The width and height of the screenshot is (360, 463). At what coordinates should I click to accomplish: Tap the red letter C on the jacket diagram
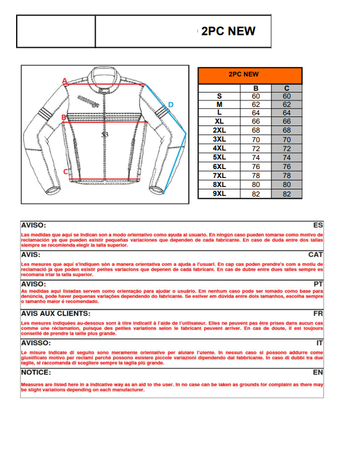coord(66,171)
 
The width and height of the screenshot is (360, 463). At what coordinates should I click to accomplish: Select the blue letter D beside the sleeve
coord(170,105)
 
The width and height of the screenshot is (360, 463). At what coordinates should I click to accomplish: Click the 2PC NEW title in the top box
coord(228,32)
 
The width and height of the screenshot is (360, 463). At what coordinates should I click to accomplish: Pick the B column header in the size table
coord(255,88)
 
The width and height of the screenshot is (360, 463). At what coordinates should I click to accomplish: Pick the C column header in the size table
coord(286,88)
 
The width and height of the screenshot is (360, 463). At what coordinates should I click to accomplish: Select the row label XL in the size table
coord(219,121)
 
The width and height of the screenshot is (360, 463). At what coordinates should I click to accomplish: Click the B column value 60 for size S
coord(255,96)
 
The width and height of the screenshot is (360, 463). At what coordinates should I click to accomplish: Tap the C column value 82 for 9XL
coord(286,194)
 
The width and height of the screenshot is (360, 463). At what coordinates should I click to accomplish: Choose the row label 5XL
coord(219,157)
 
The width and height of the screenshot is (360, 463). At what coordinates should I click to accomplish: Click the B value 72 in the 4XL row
coord(255,148)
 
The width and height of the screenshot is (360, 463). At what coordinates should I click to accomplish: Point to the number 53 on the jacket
coord(105,135)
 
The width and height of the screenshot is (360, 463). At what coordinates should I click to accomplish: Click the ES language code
coord(318,225)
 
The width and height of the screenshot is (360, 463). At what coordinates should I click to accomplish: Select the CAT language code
coord(316,255)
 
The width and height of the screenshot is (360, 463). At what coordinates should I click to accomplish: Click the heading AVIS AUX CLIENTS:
coord(56,313)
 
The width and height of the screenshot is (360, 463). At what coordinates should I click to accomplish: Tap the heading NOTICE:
coord(36,372)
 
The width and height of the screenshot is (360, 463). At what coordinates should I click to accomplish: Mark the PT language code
coord(318,284)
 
